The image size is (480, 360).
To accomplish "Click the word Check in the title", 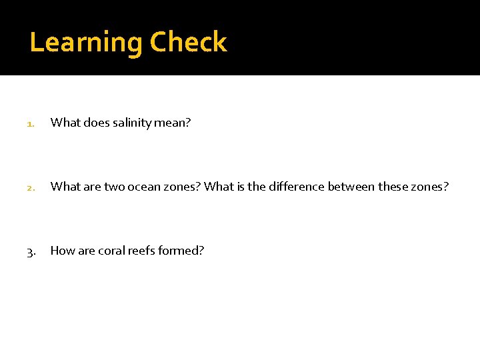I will point(189,42).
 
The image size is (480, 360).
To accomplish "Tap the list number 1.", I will point(29,123).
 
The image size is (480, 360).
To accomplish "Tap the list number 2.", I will point(29,187).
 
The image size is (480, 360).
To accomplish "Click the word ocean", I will point(138,187).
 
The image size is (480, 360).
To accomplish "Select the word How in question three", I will point(63,251).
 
